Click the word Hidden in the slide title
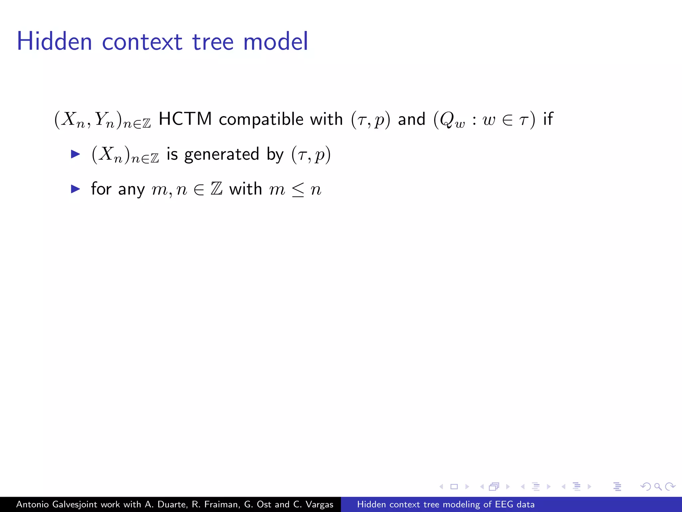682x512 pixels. [54, 41]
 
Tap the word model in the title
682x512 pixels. [275, 41]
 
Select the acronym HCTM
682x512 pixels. [185, 119]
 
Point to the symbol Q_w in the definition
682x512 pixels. [452, 120]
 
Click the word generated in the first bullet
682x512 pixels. [221, 155]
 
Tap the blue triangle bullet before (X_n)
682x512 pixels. [76, 154]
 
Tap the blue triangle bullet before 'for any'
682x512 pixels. [76, 189]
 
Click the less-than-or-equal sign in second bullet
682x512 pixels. [298, 190]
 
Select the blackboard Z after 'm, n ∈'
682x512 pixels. [216, 189]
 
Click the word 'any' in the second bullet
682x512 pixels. [131, 190]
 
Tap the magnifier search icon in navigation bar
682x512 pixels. [658, 487]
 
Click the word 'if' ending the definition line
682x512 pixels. [548, 119]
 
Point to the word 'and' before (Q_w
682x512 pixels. [412, 119]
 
